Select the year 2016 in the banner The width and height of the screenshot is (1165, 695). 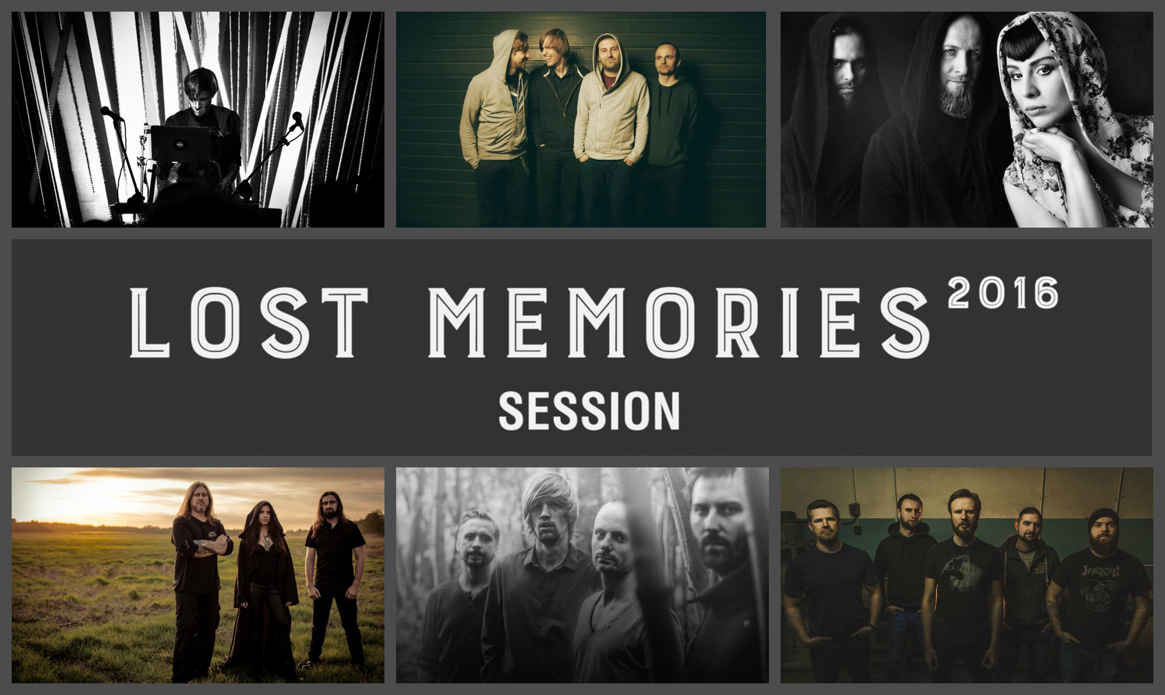pos(1003,293)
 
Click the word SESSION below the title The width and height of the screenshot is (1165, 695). pos(589,411)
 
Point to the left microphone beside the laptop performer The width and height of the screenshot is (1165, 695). pos(111,114)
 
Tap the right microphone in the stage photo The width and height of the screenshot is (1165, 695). pos(297,120)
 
